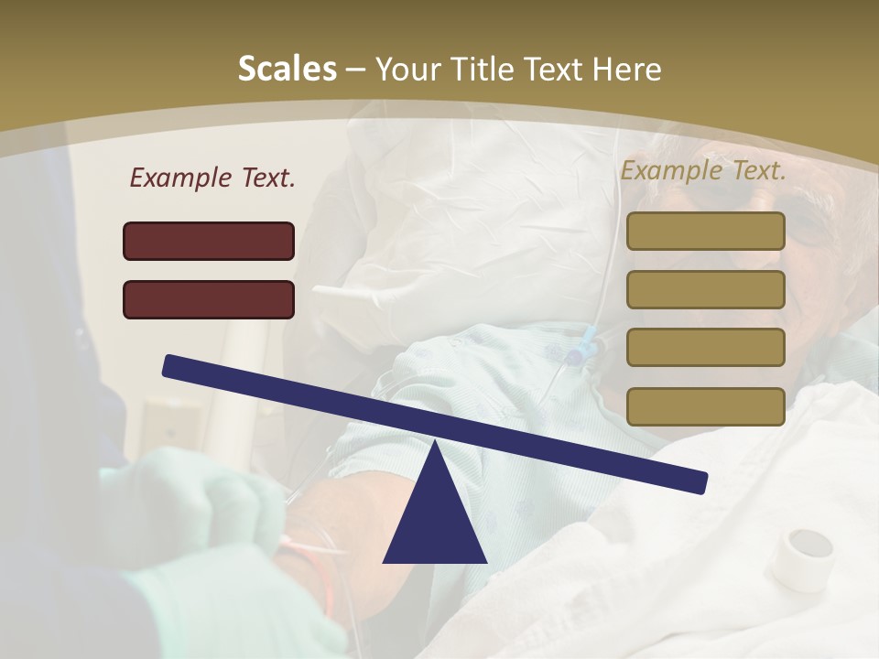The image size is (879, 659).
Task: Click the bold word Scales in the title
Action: pos(287,69)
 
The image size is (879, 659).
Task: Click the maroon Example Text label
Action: pos(212,178)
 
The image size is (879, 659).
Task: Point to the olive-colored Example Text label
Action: pos(703,170)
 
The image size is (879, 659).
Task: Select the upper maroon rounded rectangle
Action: pos(209,241)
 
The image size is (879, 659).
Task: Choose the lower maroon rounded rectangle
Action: pos(209,299)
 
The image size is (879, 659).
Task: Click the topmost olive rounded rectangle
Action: pos(705,231)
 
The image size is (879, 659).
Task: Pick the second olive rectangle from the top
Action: pos(705,289)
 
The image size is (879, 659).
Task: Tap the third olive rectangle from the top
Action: pos(705,348)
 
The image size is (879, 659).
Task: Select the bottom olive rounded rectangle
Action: pos(705,406)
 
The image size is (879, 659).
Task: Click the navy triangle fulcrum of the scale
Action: pos(435,513)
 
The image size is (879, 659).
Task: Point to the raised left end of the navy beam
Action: pos(174,365)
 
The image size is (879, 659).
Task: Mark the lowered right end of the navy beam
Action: pos(696,481)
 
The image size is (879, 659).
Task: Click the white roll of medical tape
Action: pos(802,557)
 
